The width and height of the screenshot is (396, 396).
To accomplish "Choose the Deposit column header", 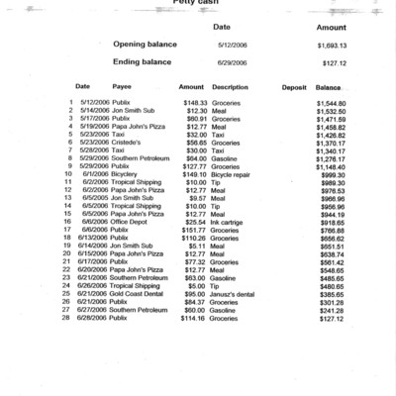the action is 293,87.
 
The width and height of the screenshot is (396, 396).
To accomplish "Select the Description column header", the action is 230,87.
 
